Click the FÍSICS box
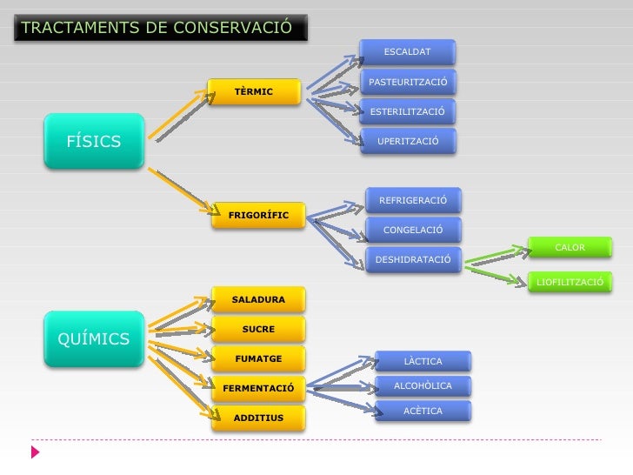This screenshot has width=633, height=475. [x=94, y=142]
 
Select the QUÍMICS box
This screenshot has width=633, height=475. [x=94, y=339]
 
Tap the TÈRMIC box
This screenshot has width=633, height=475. [x=254, y=91]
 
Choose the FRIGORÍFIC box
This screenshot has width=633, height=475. [x=258, y=215]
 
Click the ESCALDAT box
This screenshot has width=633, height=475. [x=407, y=52]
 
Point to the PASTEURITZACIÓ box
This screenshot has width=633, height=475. [x=408, y=83]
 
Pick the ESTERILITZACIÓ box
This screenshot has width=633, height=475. [x=408, y=112]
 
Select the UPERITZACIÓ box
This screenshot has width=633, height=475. [x=408, y=141]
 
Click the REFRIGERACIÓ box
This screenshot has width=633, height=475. [x=413, y=201]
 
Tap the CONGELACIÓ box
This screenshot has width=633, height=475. [x=413, y=231]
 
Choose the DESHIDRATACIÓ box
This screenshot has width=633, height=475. [x=413, y=260]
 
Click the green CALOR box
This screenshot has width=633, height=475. [x=570, y=248]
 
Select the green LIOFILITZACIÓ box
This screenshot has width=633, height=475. [x=570, y=282]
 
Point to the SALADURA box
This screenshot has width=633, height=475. [x=258, y=300]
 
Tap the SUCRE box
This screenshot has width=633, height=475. [x=258, y=330]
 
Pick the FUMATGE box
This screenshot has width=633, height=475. [x=258, y=358]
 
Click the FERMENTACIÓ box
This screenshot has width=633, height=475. [x=258, y=388]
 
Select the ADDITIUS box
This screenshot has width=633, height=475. [x=258, y=418]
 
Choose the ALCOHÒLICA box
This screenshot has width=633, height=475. [x=423, y=385]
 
